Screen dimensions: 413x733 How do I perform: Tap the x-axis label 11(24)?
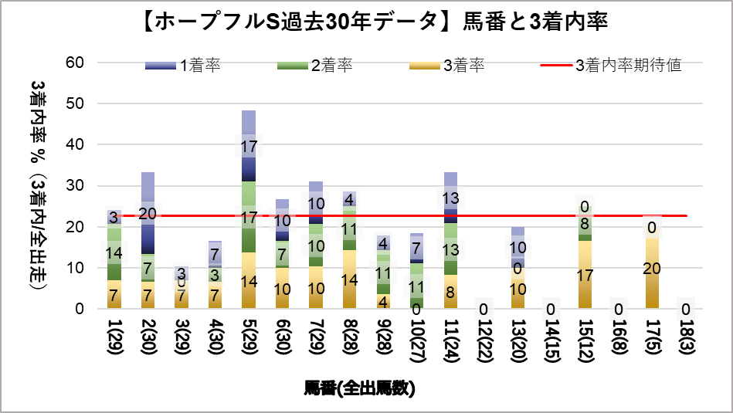click(451, 340)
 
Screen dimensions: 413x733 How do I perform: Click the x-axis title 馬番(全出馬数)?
click(360, 388)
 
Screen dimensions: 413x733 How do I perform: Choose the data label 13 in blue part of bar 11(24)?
click(451, 199)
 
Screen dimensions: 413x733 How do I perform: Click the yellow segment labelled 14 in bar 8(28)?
click(350, 279)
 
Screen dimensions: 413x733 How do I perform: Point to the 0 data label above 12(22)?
click(484, 309)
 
